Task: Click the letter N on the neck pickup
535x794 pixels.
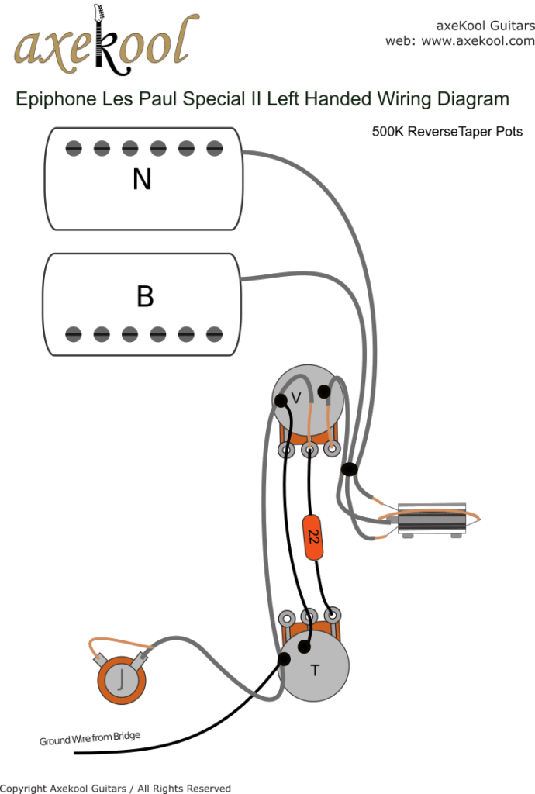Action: click(142, 180)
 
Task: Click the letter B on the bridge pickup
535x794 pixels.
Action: click(144, 296)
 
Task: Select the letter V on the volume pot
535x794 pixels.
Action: click(295, 399)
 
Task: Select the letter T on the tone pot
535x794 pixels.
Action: click(315, 671)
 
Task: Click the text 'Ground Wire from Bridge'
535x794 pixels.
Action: click(90, 739)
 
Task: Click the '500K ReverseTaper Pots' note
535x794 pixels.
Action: click(447, 132)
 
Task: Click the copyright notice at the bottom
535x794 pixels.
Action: click(116, 788)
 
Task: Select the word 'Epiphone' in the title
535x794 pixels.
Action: click(50, 99)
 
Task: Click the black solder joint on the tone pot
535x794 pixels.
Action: click(285, 659)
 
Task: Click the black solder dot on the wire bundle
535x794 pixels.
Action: click(350, 469)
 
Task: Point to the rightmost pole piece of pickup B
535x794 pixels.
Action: click(215, 334)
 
